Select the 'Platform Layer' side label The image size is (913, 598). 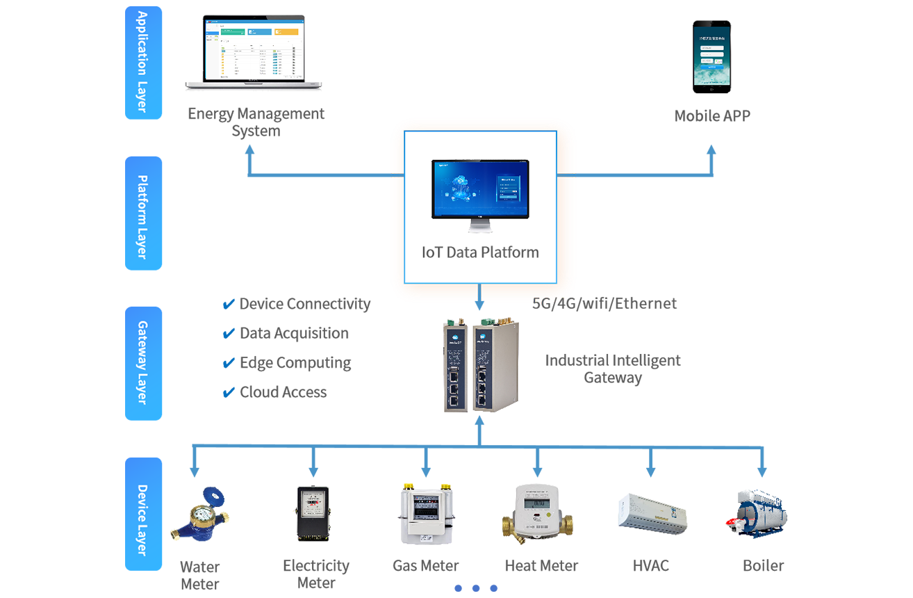click(x=142, y=217)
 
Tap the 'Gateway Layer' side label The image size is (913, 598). click(x=142, y=362)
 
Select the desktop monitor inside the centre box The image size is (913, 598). click(x=479, y=189)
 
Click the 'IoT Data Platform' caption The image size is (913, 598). click(x=480, y=252)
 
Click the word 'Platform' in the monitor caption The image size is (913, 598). click(x=513, y=252)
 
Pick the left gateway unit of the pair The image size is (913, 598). click(x=456, y=364)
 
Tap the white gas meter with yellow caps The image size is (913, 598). click(x=426, y=511)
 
